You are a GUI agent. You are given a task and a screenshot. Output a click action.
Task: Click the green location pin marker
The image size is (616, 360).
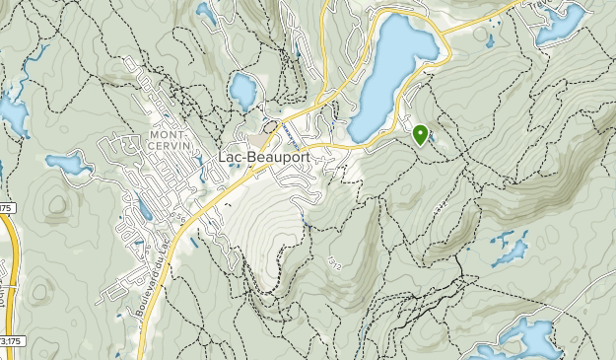pyautogui.click(x=420, y=134)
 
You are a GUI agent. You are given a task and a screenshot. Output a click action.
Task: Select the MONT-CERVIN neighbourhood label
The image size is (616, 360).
pyautogui.click(x=168, y=140)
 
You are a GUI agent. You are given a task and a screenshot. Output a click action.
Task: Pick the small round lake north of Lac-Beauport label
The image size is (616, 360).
pyautogui.click(x=241, y=92)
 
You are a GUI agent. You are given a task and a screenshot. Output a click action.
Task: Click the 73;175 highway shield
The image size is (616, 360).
pyautogui.click(x=9, y=341)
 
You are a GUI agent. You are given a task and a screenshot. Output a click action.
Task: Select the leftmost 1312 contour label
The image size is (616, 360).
pyautogui.click(x=334, y=263)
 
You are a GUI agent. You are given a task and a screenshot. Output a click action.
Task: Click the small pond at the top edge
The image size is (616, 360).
pyautogui.click(x=205, y=12)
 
